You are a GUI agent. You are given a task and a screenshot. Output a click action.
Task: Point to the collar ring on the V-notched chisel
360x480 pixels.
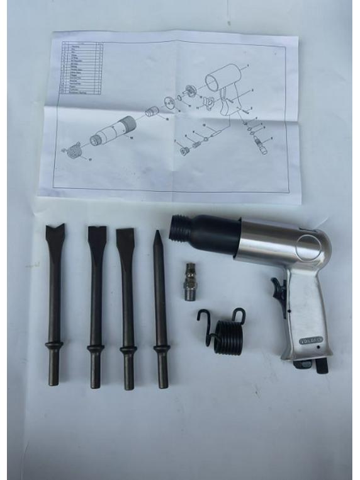[x=55, y=345]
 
